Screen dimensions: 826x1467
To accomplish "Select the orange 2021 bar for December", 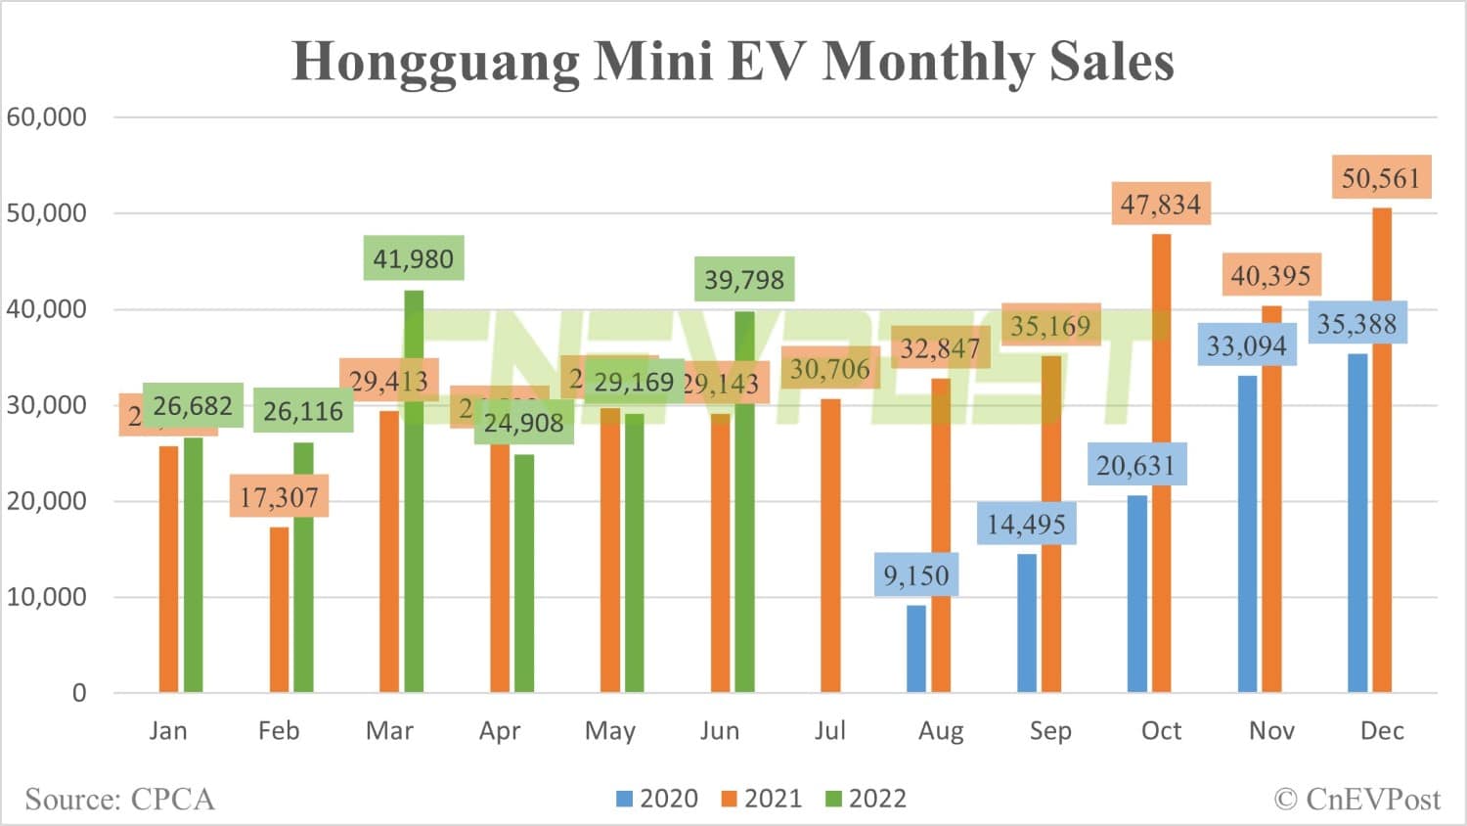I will coord(1381,450).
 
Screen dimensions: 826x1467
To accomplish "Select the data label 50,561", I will coord(1380,178).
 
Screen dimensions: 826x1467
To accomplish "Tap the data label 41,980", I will coord(413,259).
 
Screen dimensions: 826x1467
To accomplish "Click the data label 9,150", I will coord(916,575).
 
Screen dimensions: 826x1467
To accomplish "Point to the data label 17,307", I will coord(279,497).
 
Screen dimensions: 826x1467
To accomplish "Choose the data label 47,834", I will coord(1160,205).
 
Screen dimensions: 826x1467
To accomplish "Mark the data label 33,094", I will coord(1246,345).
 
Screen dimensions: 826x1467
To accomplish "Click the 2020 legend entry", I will coord(657,799).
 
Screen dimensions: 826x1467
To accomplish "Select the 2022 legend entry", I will coord(867,799).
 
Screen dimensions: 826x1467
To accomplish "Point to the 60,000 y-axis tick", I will coord(47,117).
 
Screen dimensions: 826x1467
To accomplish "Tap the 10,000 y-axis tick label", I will coord(47,597).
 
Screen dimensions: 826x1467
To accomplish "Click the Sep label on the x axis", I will coord(1050,731).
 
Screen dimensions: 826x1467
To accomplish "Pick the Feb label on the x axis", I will coord(279,731).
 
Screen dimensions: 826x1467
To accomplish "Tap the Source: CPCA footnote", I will coord(119,800).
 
